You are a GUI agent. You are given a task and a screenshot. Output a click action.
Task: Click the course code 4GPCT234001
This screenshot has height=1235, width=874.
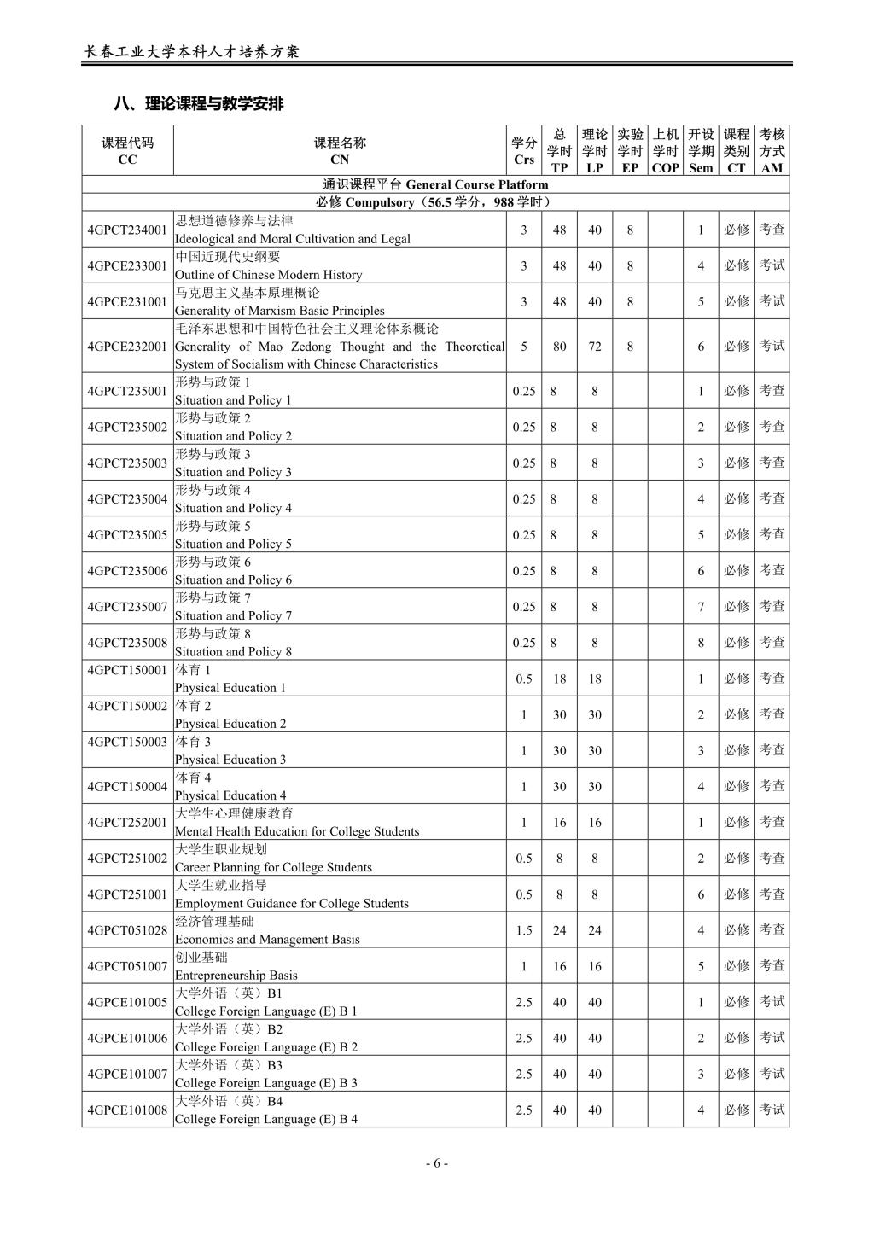[x=127, y=230]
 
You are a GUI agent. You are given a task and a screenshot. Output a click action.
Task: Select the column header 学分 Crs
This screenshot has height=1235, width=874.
[x=524, y=151]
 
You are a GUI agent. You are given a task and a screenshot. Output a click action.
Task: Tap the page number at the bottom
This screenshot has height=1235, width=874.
[x=436, y=1162]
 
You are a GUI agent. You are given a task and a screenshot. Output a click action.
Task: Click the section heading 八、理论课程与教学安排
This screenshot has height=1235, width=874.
[x=199, y=104]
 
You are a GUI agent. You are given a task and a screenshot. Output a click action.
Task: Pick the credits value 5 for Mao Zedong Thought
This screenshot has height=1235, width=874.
[x=524, y=347]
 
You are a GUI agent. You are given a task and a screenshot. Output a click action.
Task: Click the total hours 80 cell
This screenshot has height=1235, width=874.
[x=559, y=347]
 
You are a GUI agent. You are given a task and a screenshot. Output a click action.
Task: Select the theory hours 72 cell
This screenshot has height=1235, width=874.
[x=595, y=347]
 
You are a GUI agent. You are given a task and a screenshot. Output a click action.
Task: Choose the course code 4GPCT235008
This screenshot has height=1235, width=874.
[x=127, y=643]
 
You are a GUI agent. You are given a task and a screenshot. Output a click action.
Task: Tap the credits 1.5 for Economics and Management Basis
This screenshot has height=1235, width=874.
[x=524, y=930]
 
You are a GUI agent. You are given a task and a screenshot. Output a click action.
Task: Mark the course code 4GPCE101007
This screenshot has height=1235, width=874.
[x=127, y=1074]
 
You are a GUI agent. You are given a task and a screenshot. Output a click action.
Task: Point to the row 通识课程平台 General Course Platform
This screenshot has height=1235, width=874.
[x=435, y=184]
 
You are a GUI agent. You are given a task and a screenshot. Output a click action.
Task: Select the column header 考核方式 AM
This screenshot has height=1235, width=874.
[x=772, y=151]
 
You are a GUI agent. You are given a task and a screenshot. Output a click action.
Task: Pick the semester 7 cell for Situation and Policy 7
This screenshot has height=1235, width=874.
[x=701, y=607]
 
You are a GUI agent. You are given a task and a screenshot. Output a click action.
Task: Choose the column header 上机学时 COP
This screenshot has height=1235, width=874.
[x=665, y=151]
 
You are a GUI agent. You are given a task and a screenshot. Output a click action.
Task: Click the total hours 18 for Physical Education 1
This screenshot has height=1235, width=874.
[x=559, y=679]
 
